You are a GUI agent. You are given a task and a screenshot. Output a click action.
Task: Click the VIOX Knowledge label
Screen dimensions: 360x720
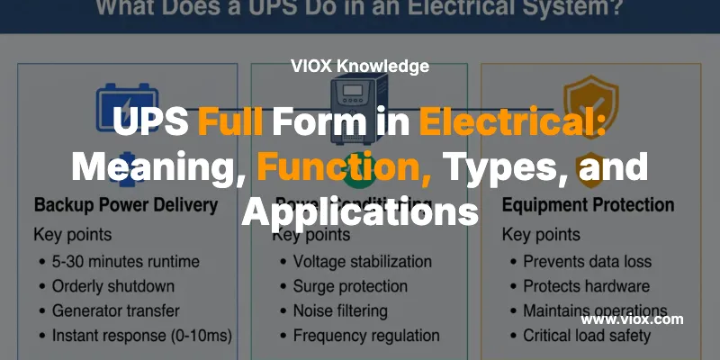tap(360, 66)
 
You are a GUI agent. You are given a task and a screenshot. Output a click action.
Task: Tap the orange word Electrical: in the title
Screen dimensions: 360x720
tap(512, 120)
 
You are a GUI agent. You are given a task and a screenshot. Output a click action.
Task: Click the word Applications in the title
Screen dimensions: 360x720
tap(360, 211)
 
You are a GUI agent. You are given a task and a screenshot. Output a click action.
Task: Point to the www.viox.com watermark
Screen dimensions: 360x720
tap(632, 319)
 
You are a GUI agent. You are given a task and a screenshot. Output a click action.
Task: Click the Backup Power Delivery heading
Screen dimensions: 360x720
tap(126, 205)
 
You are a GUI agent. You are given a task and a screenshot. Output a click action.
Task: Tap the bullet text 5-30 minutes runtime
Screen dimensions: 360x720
tap(125, 262)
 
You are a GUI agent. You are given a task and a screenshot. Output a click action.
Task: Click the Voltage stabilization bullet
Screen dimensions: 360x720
tap(362, 262)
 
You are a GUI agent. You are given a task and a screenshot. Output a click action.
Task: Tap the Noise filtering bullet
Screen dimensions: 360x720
tap(340, 310)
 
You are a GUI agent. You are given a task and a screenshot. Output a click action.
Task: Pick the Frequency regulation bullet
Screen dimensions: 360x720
tap(365, 336)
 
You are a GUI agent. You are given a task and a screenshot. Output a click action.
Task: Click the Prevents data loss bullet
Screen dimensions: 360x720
tap(587, 262)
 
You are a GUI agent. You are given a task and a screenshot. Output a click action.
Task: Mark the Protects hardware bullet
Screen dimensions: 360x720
tap(586, 286)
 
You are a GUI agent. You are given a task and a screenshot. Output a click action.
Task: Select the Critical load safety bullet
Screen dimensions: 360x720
tap(587, 336)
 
